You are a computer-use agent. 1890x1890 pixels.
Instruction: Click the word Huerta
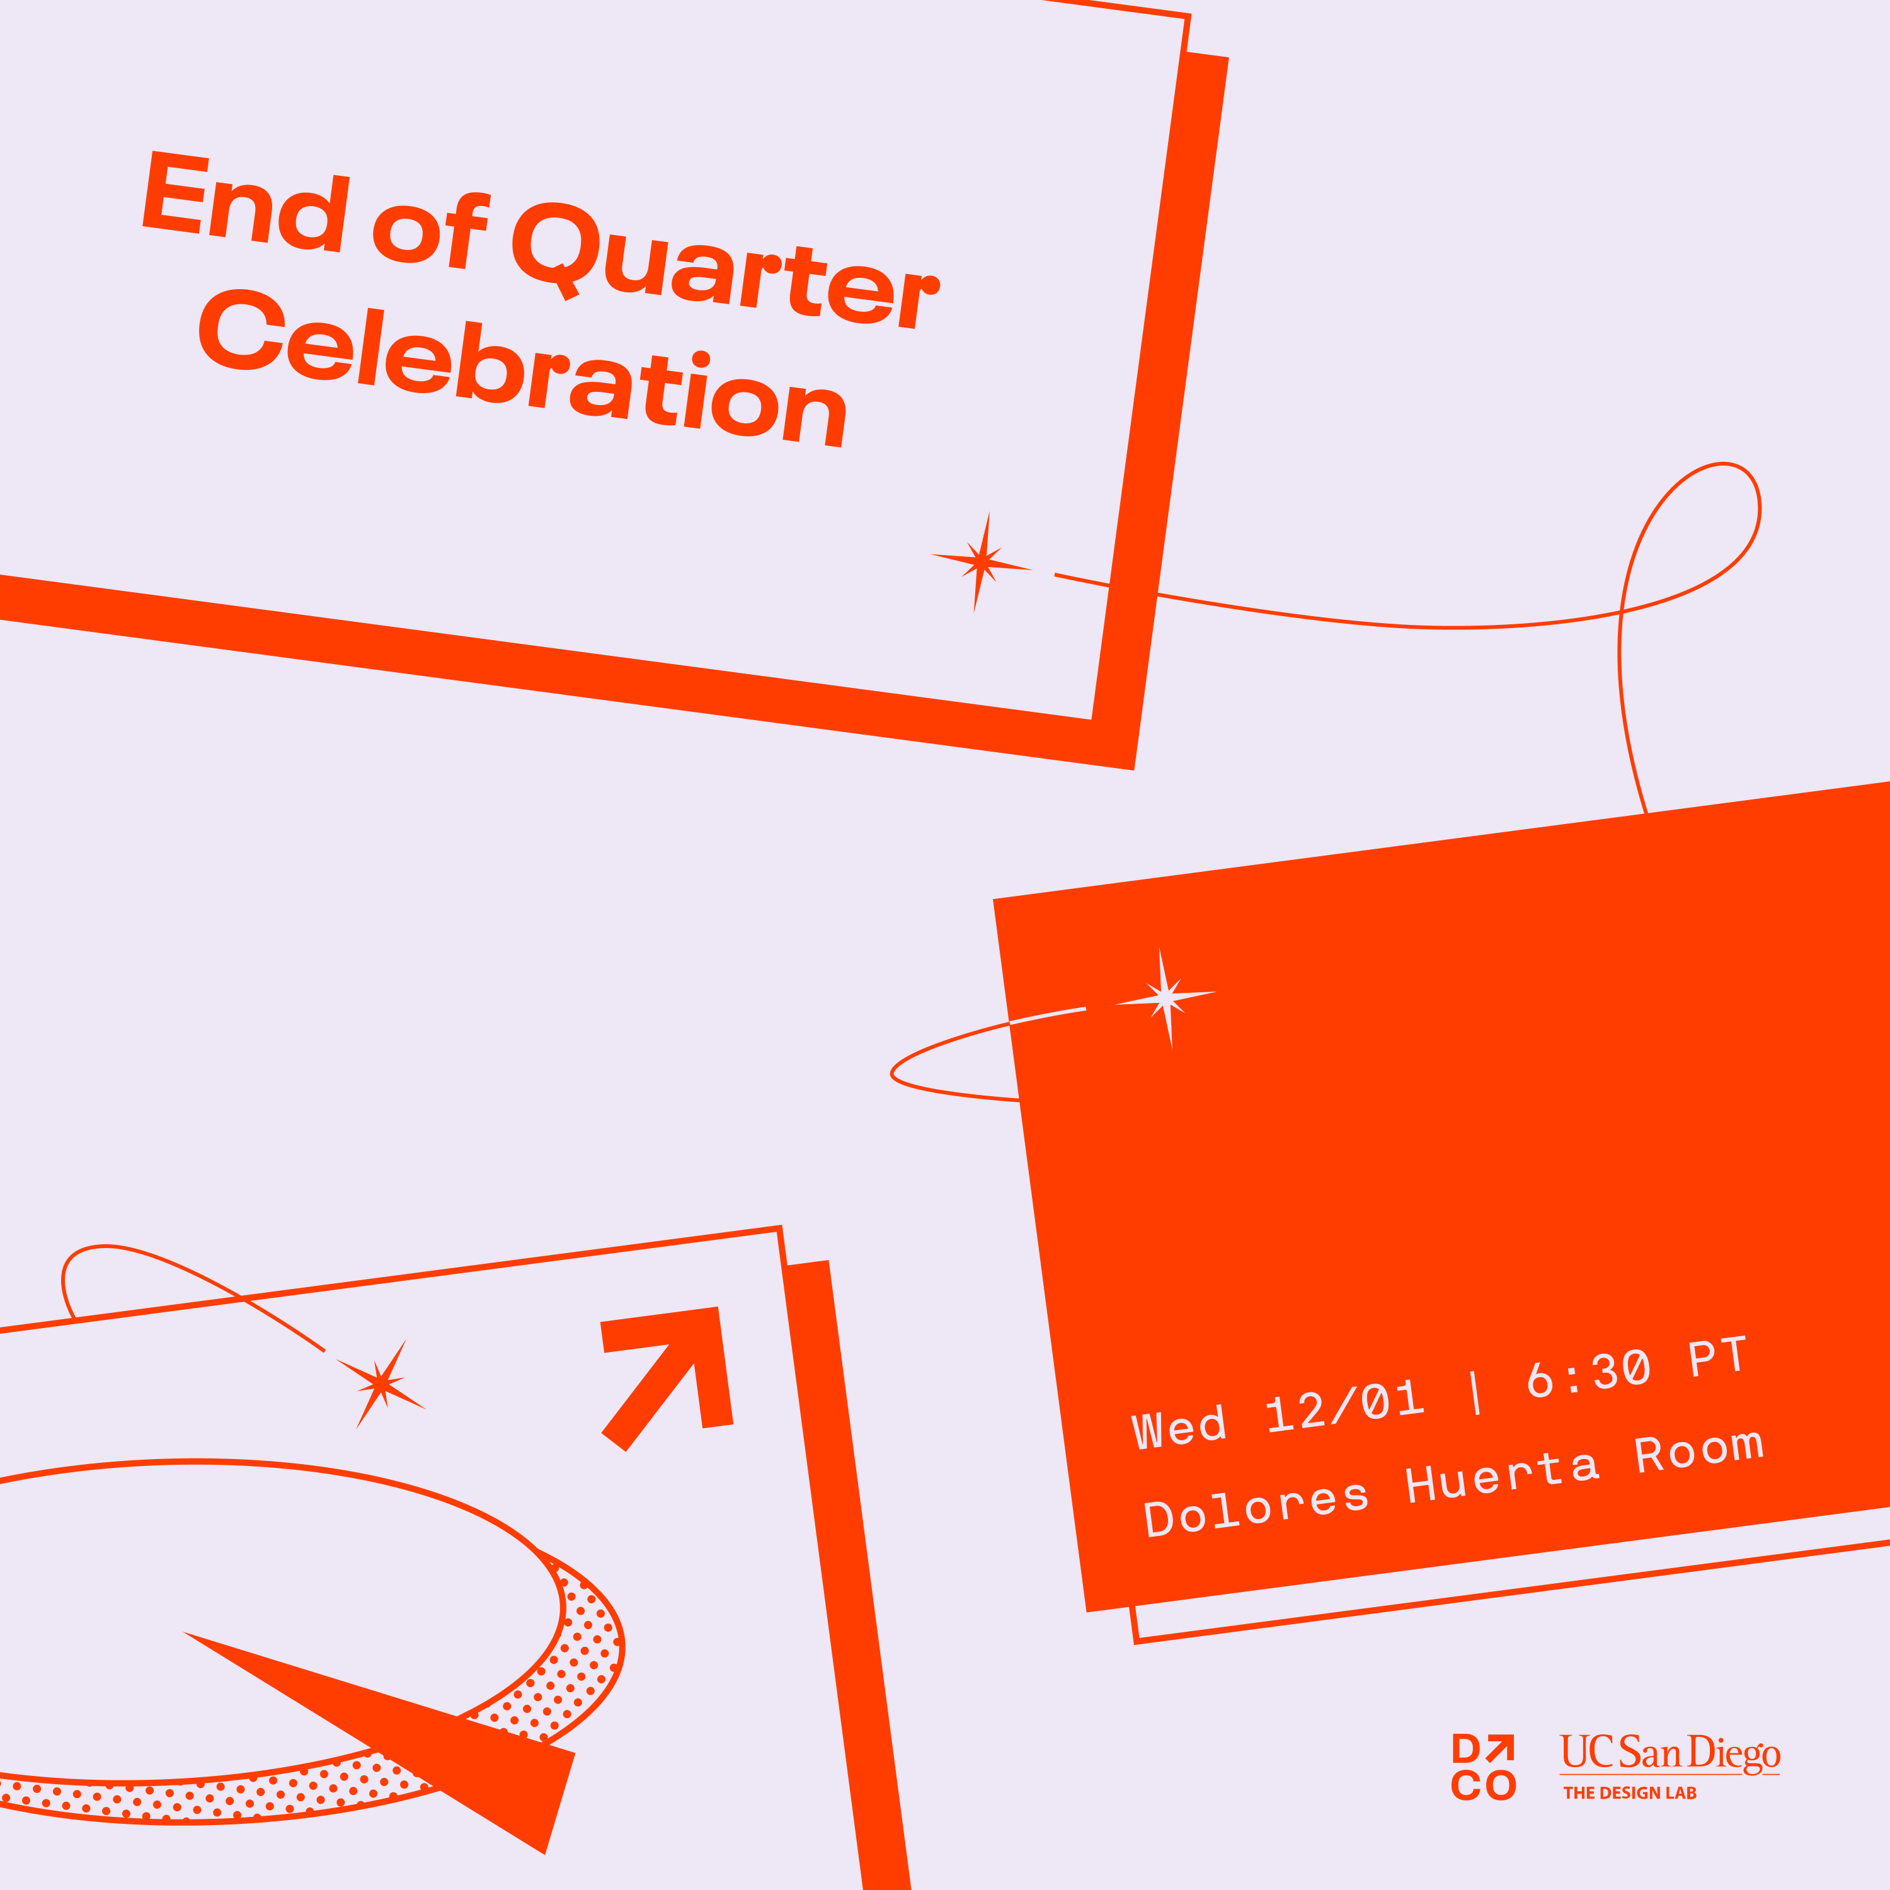click(x=1503, y=1476)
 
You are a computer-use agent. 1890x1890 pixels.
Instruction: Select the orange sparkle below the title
click(x=981, y=563)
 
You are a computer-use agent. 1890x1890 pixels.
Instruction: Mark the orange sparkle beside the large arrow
click(x=382, y=1383)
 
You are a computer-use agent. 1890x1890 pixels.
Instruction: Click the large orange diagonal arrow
click(x=666, y=1379)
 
